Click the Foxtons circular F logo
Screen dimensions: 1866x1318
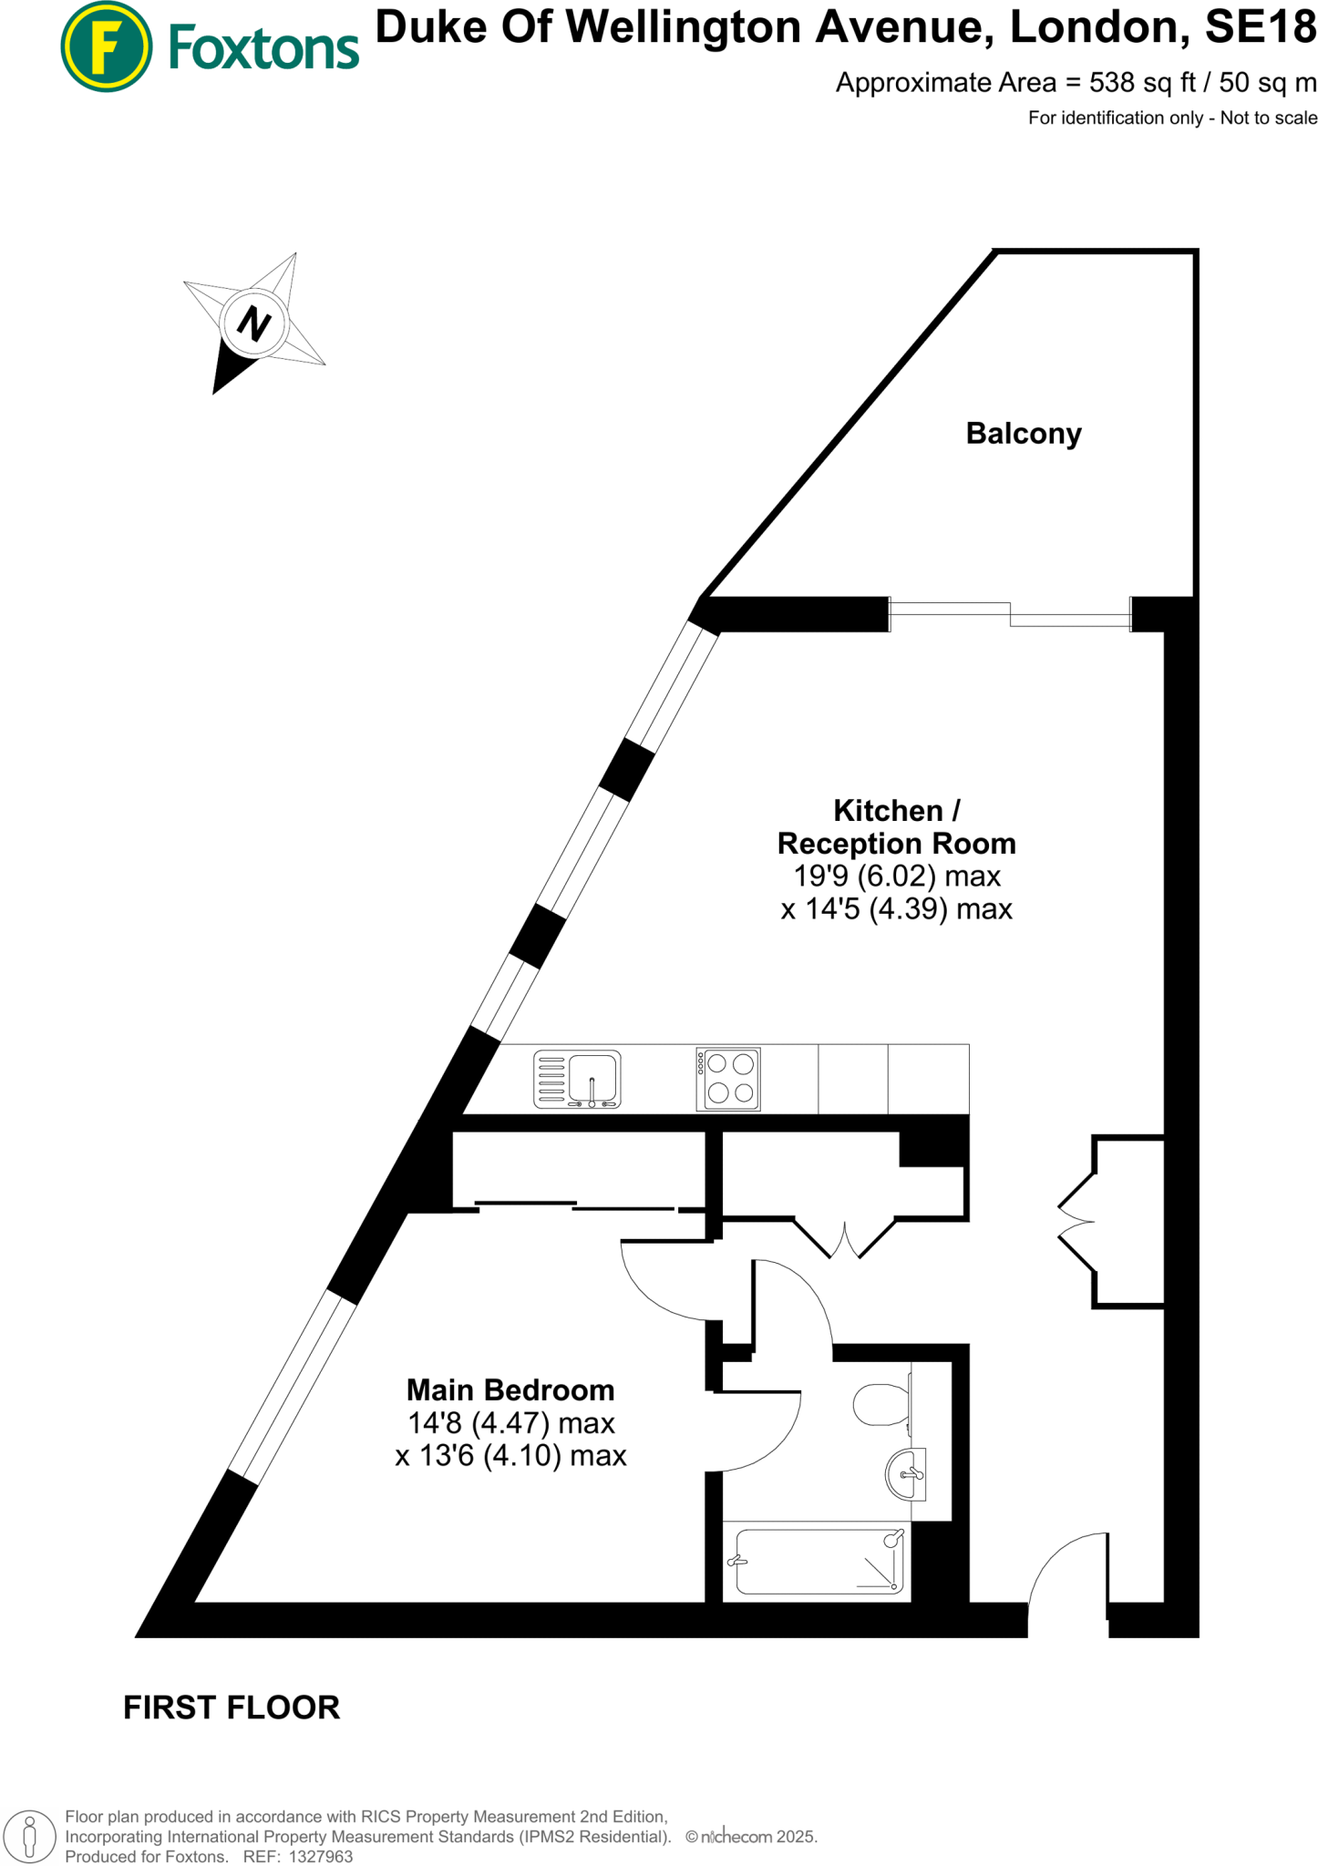[106, 46]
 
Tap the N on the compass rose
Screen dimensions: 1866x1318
[254, 323]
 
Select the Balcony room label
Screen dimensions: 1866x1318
[1024, 434]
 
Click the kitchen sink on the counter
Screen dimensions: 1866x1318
[577, 1079]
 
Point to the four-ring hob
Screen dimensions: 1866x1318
[728, 1079]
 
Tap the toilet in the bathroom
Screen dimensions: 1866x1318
[880, 1404]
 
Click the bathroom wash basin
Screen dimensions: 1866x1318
[906, 1472]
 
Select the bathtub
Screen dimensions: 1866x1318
[818, 1561]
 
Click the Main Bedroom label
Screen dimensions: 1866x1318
[510, 1390]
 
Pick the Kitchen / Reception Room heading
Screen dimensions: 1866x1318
[896, 827]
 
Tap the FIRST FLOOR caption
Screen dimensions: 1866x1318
[232, 1707]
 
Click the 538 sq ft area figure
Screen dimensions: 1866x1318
[1142, 83]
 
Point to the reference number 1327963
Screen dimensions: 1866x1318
[320, 1856]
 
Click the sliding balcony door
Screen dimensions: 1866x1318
[1010, 614]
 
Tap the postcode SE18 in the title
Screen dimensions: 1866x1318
[1261, 27]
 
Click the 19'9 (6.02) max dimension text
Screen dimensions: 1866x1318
[897, 877]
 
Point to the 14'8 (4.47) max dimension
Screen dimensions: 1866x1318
[510, 1423]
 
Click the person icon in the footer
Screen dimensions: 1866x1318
[29, 1836]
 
